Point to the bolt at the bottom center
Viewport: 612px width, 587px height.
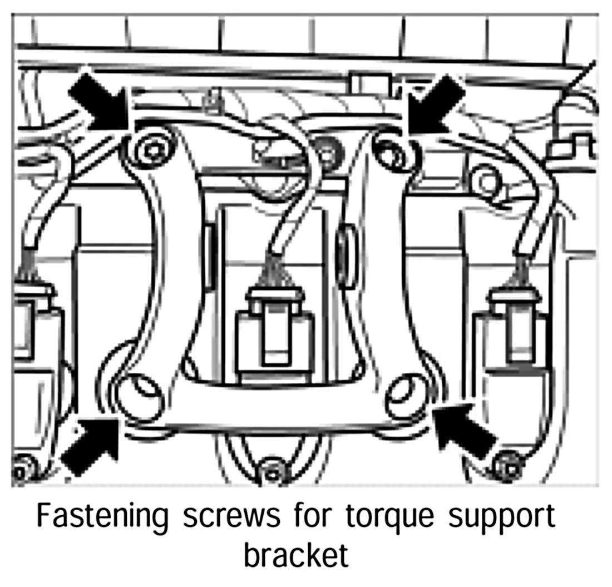tap(272, 470)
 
